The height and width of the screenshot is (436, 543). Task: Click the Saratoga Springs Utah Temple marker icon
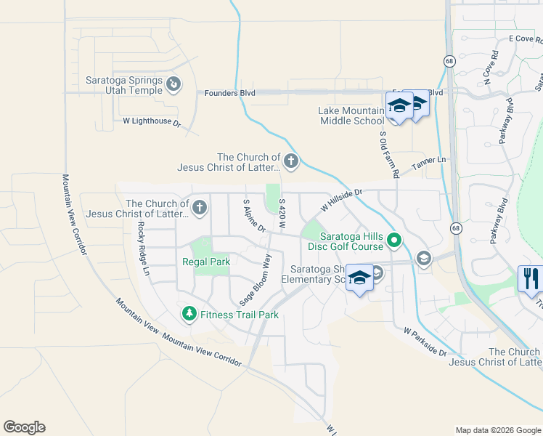[173, 86]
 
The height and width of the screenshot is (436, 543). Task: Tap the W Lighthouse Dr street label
[152, 122]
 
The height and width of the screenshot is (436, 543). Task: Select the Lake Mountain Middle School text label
[351, 116]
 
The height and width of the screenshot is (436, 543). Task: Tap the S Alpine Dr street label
[254, 216]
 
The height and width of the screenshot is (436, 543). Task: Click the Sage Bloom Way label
[256, 280]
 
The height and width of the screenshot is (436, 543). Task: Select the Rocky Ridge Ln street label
[142, 248]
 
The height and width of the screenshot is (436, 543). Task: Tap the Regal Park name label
[205, 262]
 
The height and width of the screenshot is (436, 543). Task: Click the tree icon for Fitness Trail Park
[189, 314]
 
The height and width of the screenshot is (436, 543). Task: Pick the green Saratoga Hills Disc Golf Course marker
[394, 239]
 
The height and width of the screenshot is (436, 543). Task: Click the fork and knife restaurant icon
[531, 279]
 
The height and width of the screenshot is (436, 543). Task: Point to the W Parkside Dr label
[425, 342]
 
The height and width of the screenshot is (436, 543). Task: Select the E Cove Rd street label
[521, 38]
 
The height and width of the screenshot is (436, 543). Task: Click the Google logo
[24, 427]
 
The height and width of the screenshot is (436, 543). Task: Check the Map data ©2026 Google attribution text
[497, 430]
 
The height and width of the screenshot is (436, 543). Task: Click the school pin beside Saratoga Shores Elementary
[359, 278]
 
